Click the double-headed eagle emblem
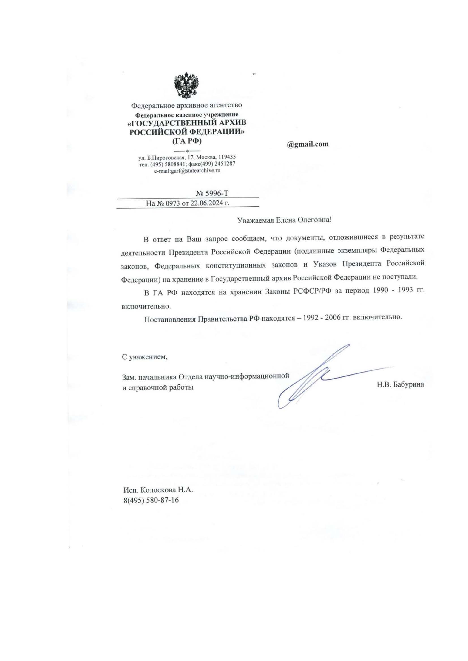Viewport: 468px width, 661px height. pyautogui.click(x=187, y=85)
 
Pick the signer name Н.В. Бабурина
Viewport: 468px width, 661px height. pyautogui.click(x=400, y=385)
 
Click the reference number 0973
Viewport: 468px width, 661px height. pyautogui.click(x=171, y=203)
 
